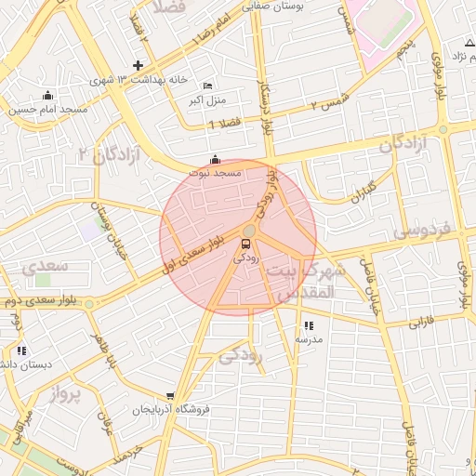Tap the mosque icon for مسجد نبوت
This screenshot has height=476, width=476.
216,159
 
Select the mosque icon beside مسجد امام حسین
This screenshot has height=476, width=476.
48,95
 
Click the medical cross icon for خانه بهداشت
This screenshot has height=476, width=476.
138,65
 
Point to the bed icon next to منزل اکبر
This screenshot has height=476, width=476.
206,85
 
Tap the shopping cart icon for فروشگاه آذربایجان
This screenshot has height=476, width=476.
169,396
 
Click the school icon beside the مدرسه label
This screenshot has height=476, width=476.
308,325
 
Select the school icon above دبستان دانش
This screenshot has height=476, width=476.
20,350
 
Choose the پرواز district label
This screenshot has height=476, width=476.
63,393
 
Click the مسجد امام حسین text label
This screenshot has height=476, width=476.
48,109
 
